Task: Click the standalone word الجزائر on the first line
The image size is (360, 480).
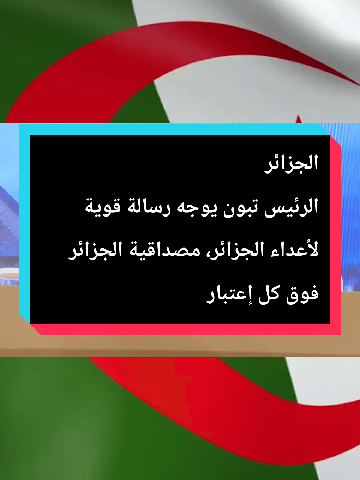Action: [291, 164]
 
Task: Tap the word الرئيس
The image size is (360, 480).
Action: [291, 208]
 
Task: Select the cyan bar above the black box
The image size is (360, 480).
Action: [174, 130]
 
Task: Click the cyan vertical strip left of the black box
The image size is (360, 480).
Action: [25, 224]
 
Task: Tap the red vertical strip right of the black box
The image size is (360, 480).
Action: [335, 235]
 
